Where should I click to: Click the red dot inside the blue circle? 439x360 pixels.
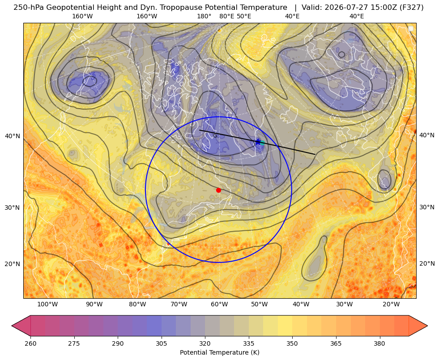219,190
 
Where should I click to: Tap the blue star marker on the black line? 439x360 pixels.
258,142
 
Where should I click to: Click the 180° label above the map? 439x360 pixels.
204,16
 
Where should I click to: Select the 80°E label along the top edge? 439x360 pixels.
227,16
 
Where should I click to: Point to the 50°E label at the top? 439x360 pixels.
244,16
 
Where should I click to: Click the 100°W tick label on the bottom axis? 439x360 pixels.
47,304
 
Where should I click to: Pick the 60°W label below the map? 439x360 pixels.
219,304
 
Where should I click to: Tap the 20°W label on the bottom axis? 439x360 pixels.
391,304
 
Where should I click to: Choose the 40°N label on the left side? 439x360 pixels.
13,136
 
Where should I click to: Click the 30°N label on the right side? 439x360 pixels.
427,207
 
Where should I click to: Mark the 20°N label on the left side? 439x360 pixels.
13,264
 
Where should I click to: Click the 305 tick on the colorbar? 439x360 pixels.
161,343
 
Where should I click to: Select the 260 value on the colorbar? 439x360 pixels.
30,343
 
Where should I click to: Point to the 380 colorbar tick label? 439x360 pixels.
379,343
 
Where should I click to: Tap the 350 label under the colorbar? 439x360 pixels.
292,343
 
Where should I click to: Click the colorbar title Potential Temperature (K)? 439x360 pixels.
219,352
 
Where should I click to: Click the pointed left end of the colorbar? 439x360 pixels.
12,326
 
